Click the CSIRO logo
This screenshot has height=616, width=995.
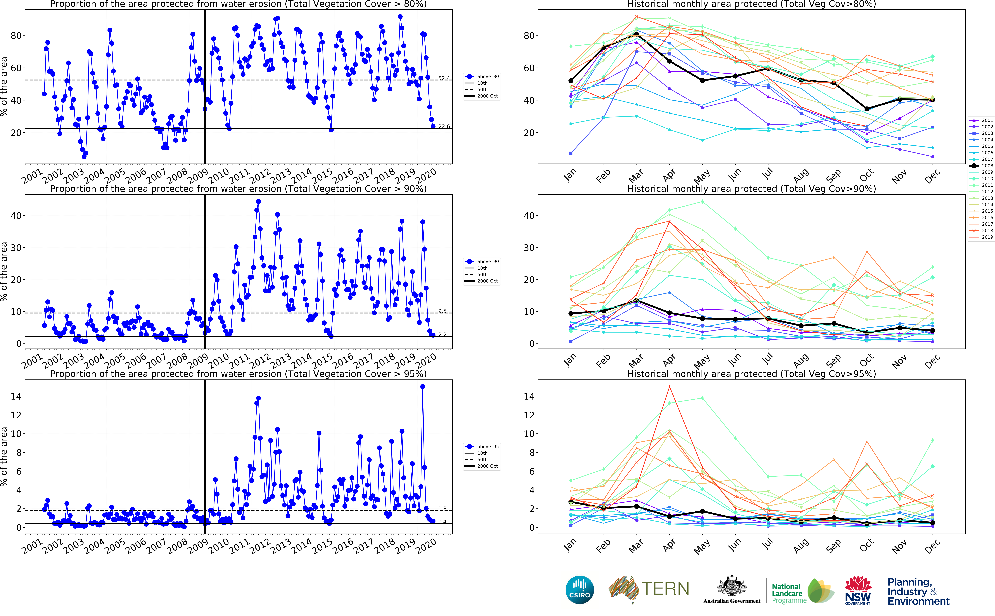579,590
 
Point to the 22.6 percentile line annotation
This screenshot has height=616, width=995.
444,126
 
